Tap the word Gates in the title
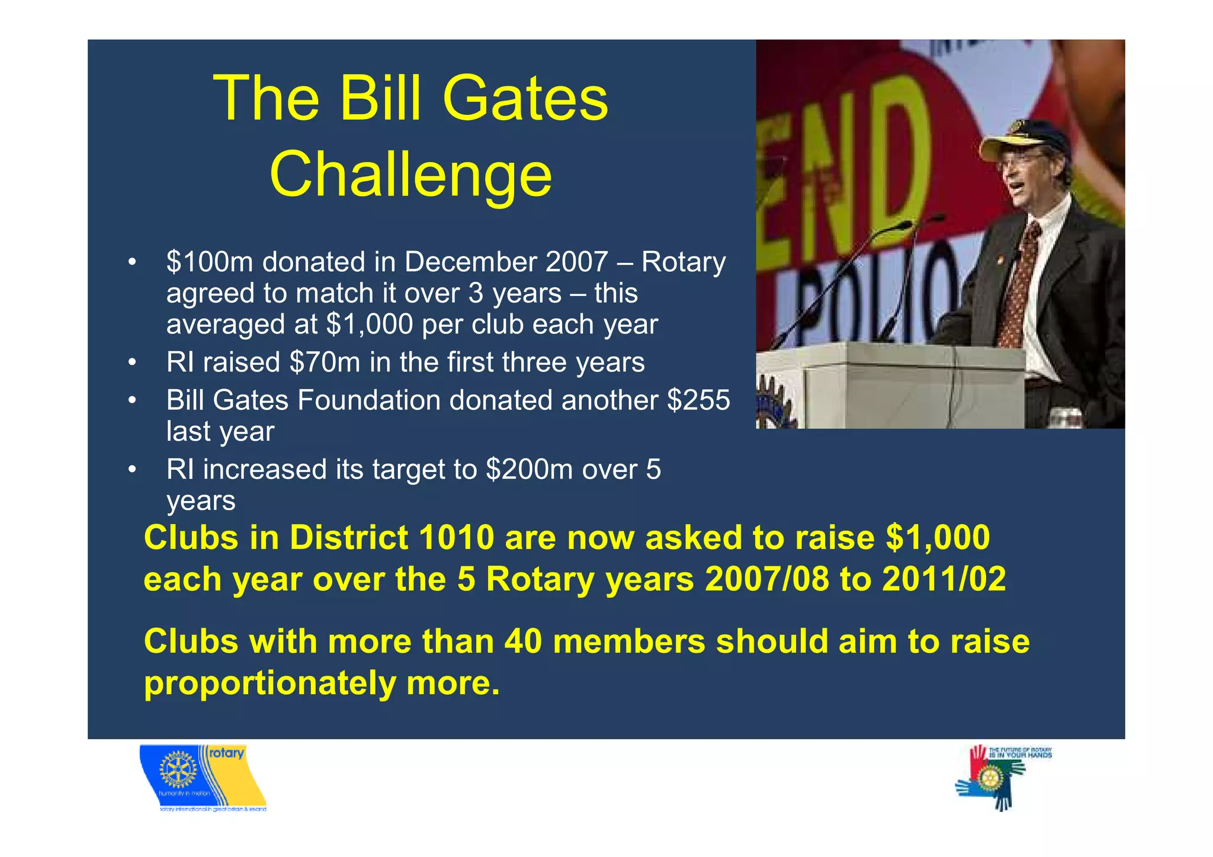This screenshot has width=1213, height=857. coord(525,98)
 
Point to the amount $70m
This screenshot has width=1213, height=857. coord(325,362)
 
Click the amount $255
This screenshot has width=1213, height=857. coord(698,400)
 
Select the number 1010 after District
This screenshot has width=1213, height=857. coord(456,538)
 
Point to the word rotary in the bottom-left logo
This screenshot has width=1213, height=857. coord(226,753)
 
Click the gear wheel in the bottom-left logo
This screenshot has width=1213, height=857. coord(177,770)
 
